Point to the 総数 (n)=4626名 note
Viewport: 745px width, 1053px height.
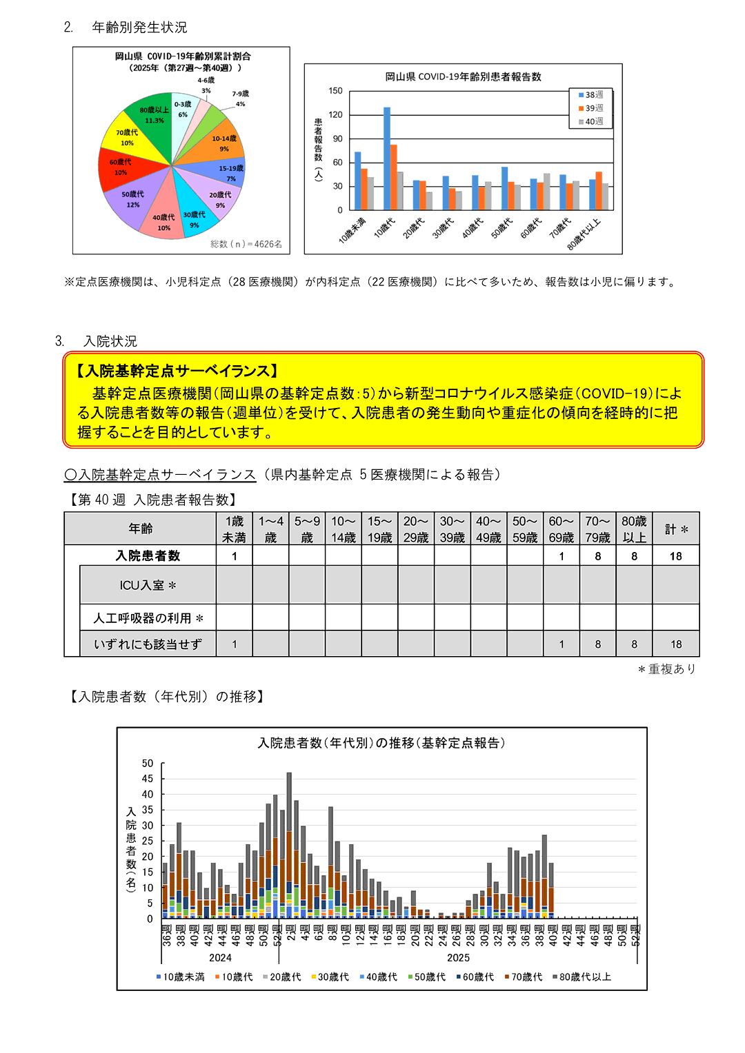click(x=246, y=244)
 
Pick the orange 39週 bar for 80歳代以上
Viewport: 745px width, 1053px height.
click(x=599, y=191)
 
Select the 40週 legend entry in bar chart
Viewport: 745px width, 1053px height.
click(x=591, y=121)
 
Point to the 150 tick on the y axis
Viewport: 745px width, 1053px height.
click(x=335, y=91)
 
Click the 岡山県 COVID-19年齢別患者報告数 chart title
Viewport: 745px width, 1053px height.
click(x=463, y=76)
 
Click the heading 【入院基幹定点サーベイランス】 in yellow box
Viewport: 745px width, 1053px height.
click(x=178, y=371)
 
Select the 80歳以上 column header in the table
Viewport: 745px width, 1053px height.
click(x=634, y=529)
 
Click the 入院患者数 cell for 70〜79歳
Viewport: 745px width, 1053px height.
click(x=597, y=556)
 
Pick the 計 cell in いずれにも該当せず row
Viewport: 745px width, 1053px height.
click(x=676, y=644)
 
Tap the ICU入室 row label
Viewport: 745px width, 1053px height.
click(x=148, y=585)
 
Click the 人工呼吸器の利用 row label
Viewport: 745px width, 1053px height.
click(x=148, y=618)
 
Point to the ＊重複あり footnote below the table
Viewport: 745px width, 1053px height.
click(x=666, y=669)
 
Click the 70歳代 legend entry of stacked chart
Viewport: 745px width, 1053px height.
click(x=524, y=977)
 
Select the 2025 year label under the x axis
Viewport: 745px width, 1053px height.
click(x=458, y=958)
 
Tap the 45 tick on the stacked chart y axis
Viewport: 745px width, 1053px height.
click(x=148, y=779)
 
